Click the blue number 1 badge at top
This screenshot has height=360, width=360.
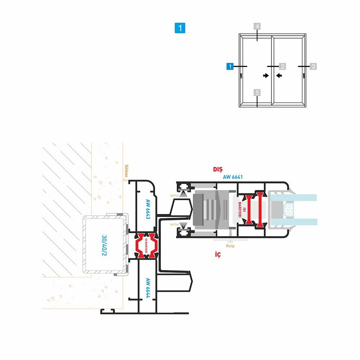pyautogui.click(x=180, y=28)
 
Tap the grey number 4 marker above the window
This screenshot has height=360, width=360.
pyautogui.click(x=257, y=26)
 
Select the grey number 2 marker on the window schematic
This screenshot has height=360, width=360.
pyautogui.click(x=283, y=66)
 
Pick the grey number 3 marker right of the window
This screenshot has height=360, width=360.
pyautogui.click(x=313, y=66)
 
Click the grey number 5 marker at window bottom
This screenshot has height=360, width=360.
pyautogui.click(x=257, y=93)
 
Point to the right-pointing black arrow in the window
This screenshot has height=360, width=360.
pyautogui.click(x=266, y=76)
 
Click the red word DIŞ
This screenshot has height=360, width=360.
pyautogui.click(x=218, y=170)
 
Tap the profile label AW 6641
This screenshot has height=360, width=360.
pyautogui.click(x=233, y=177)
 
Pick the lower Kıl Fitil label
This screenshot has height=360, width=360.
pyautogui.click(x=174, y=225)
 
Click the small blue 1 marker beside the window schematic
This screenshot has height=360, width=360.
pyautogui.click(x=230, y=66)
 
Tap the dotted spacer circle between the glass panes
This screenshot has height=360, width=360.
pyautogui.click(x=289, y=210)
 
